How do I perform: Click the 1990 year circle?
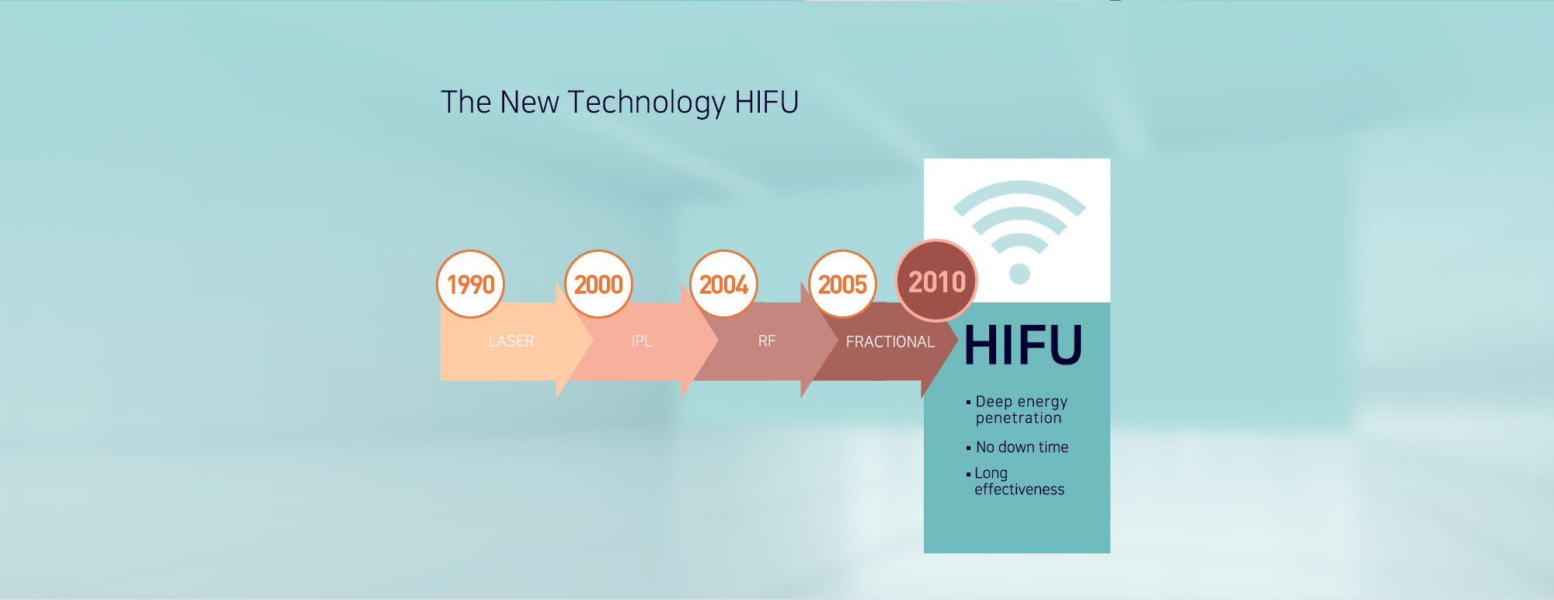click(471, 284)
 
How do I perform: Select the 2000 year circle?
click(598, 284)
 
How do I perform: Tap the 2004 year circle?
click(723, 284)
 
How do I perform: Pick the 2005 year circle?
click(842, 284)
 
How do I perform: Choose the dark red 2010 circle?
click(936, 281)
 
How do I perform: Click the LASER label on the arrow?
click(511, 341)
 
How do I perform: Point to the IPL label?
click(642, 341)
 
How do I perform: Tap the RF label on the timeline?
click(767, 341)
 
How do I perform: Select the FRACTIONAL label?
click(890, 342)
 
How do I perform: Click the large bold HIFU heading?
click(1023, 345)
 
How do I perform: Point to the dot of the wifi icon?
click(1019, 274)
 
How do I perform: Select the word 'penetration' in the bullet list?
click(1019, 418)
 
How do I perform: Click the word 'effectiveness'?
click(1019, 490)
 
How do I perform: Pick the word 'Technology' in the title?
click(646, 103)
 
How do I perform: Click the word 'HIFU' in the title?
click(767, 102)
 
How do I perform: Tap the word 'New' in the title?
click(529, 102)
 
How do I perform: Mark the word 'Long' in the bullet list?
click(991, 473)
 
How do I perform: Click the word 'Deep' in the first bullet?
click(994, 402)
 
